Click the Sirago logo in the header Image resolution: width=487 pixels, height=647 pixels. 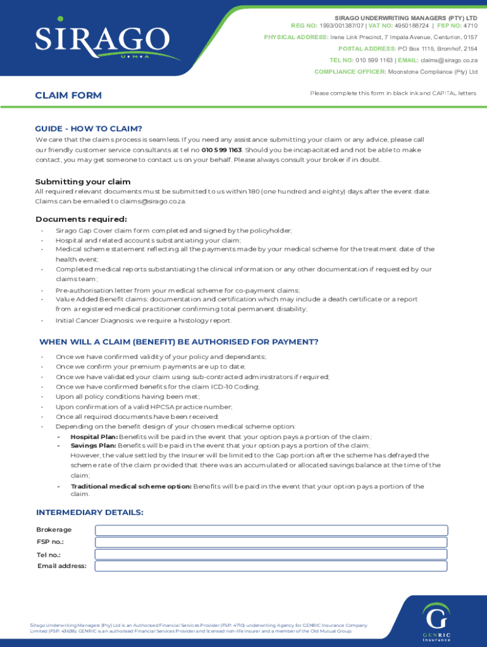click(101, 42)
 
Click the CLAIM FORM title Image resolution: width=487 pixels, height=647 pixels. click(68, 95)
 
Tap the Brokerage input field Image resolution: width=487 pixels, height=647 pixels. click(271, 530)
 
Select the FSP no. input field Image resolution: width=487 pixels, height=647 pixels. click(271, 542)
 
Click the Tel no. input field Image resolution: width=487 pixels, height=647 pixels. click(271, 554)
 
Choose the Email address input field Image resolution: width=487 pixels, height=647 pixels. click(271, 566)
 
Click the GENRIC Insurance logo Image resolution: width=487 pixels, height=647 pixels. click(437, 622)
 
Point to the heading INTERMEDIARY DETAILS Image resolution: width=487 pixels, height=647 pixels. click(90, 512)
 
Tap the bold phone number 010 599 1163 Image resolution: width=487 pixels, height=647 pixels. click(221, 150)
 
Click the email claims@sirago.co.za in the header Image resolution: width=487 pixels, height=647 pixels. click(449, 60)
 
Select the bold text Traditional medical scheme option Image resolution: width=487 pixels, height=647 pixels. click(131, 487)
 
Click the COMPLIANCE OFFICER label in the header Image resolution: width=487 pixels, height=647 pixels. click(350, 71)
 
